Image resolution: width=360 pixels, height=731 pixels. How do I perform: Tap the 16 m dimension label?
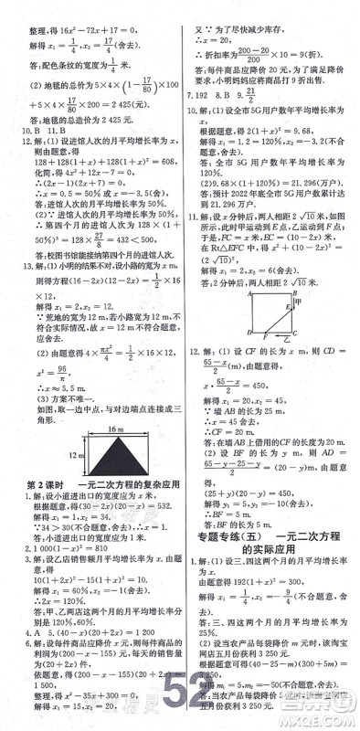pyautogui.click(x=94, y=428)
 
